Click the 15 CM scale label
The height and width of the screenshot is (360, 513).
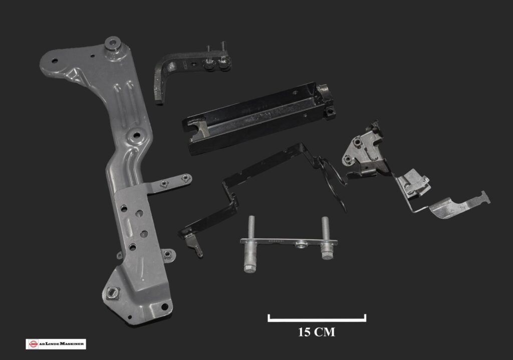coord(317,332)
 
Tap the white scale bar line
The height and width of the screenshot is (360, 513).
coord(317,320)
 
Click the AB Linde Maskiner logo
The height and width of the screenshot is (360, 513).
coord(56,344)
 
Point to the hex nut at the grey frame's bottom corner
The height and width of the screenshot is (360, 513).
coord(112,292)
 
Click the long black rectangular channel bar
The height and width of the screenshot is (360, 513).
coord(259,117)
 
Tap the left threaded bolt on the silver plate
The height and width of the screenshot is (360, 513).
coord(251,244)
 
